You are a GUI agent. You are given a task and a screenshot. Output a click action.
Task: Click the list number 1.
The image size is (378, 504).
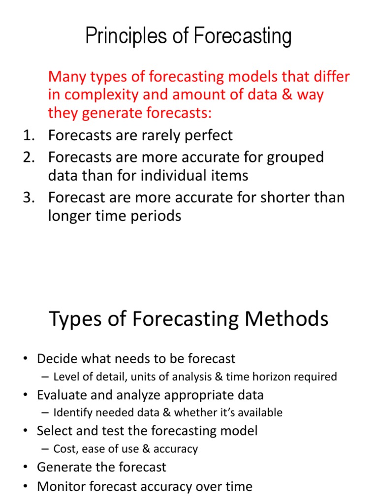pyautogui.click(x=29, y=135)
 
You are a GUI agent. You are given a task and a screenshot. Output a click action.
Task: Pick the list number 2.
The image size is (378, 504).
pyautogui.click(x=29, y=157)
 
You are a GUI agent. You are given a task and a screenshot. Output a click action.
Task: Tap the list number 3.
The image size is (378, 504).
pyautogui.click(x=29, y=198)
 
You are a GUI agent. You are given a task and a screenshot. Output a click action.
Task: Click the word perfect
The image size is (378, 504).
pyautogui.click(x=207, y=136)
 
